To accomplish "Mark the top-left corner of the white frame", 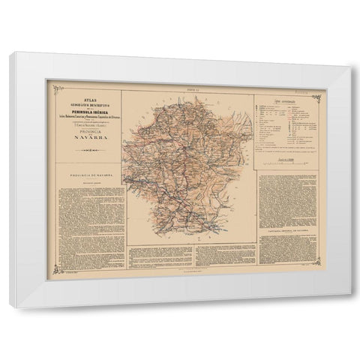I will (x=15, y=52).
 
